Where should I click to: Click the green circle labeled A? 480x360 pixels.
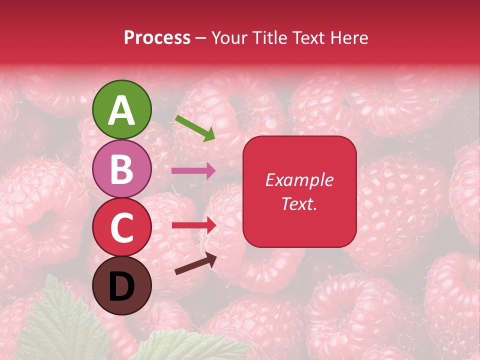[121, 109]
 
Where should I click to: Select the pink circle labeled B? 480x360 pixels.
[121, 168]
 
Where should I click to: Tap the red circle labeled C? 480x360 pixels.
[121, 227]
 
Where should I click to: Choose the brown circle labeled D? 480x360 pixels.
[121, 285]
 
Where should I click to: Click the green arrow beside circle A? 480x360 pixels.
[195, 128]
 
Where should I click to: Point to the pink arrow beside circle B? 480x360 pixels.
[193, 171]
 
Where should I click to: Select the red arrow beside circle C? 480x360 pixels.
[193, 225]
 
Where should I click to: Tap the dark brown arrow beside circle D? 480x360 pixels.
[195, 264]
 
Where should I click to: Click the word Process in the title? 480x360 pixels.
[157, 38]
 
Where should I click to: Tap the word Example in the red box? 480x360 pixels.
[299, 180]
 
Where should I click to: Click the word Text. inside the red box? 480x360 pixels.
[299, 203]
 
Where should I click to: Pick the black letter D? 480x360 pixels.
[121, 286]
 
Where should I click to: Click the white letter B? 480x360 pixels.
[121, 169]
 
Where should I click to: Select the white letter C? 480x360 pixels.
[121, 228]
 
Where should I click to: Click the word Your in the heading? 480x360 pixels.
[230, 38]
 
